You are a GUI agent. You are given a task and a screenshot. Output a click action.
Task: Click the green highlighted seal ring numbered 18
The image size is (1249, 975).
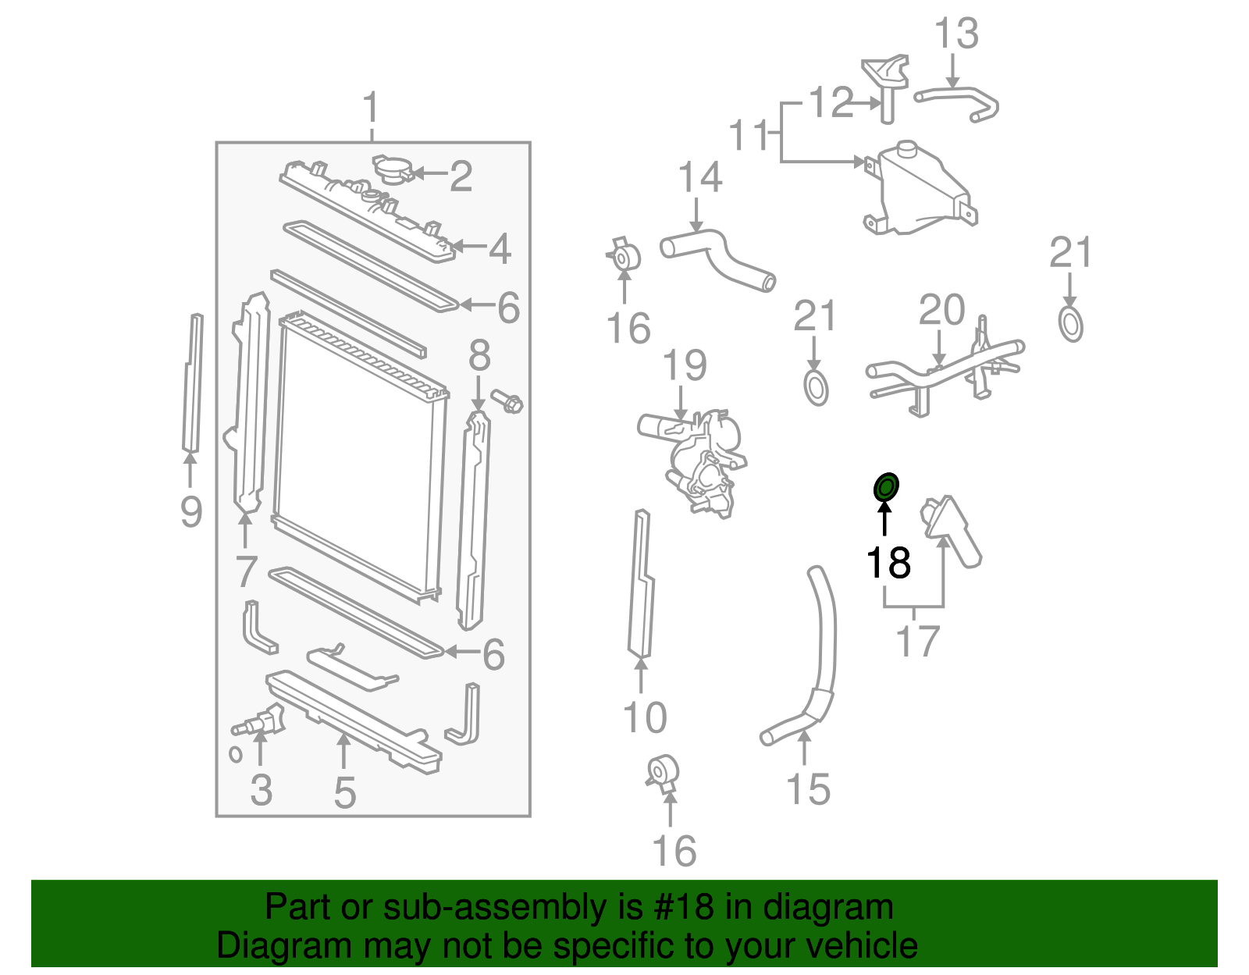(885, 488)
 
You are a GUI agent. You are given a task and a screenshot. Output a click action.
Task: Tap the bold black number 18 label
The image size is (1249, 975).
(888, 562)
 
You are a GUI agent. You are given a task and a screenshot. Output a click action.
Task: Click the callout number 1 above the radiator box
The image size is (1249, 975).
(371, 109)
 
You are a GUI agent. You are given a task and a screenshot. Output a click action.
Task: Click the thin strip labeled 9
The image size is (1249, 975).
(192, 383)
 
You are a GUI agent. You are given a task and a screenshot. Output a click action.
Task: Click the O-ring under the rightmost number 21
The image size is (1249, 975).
(1071, 325)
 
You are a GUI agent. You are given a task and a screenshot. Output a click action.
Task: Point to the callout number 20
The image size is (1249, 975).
(941, 311)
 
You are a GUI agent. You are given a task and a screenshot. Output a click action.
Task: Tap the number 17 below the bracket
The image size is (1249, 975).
(917, 642)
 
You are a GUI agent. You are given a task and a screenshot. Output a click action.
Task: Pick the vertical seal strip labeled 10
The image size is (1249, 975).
(641, 585)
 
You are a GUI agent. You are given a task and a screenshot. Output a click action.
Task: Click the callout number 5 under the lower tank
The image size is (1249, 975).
(344, 793)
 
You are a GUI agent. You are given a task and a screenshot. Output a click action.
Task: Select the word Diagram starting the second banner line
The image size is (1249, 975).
(262, 945)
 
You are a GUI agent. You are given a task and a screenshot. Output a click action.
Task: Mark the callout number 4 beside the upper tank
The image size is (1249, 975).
(500, 248)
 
